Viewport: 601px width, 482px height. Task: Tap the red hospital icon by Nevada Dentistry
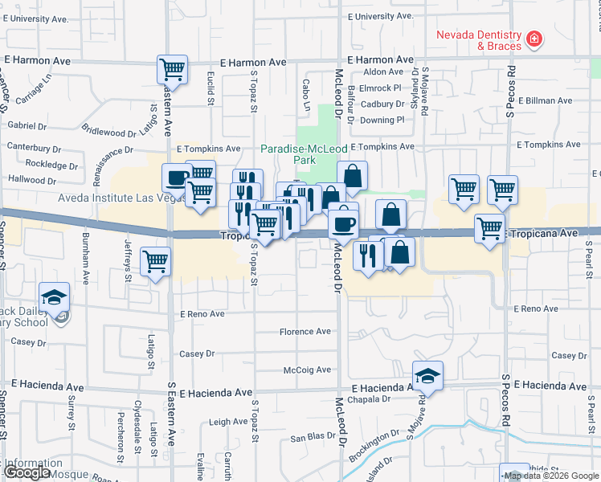point(534,39)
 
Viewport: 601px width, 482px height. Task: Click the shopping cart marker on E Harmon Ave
point(172,70)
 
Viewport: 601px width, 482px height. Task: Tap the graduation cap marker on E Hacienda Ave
point(428,376)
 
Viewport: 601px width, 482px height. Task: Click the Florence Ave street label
point(305,332)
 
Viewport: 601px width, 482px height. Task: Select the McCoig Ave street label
point(307,370)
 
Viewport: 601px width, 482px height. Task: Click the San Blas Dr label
point(311,438)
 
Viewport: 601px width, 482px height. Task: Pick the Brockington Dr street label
point(374,447)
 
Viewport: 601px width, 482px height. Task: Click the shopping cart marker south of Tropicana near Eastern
point(154,259)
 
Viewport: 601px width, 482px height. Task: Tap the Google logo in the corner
point(27,472)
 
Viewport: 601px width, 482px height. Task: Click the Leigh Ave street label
point(227,422)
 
